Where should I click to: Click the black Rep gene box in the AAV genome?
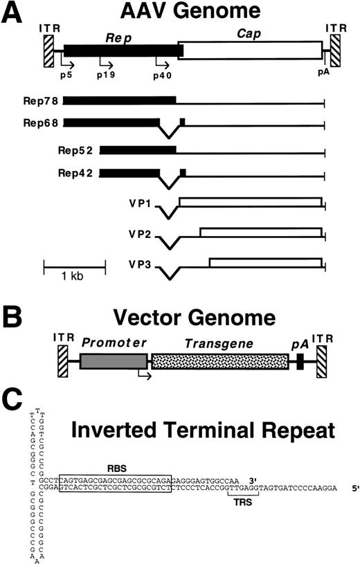click(121, 49)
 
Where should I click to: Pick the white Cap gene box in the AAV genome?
click(252, 49)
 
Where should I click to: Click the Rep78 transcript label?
click(40, 101)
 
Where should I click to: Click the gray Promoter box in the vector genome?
click(114, 361)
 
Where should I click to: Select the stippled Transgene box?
click(220, 361)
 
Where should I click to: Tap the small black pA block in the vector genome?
click(300, 361)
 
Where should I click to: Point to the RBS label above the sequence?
click(116, 447)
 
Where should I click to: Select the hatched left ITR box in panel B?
click(60, 361)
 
